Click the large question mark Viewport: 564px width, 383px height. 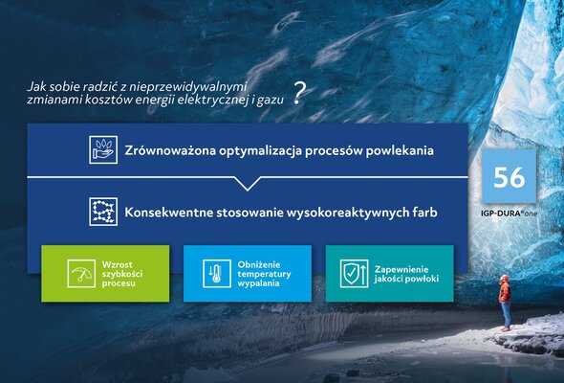[x=298, y=93]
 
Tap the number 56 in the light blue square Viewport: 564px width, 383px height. [x=509, y=177]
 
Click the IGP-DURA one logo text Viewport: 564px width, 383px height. [x=509, y=214]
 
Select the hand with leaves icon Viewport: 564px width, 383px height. [x=103, y=150]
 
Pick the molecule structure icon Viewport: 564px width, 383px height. [x=103, y=212]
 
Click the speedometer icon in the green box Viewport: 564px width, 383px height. [x=81, y=274]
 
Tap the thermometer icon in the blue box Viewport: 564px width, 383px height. [x=217, y=274]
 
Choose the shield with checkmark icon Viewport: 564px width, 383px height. [x=355, y=274]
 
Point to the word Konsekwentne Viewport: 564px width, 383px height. [x=167, y=213]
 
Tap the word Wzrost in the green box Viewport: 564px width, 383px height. [x=118, y=264]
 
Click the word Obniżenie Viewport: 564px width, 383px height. [x=259, y=264]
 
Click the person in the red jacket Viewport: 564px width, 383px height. [x=505, y=303]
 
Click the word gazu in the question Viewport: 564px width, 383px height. [x=271, y=100]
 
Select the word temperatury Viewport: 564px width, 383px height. [x=264, y=274]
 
